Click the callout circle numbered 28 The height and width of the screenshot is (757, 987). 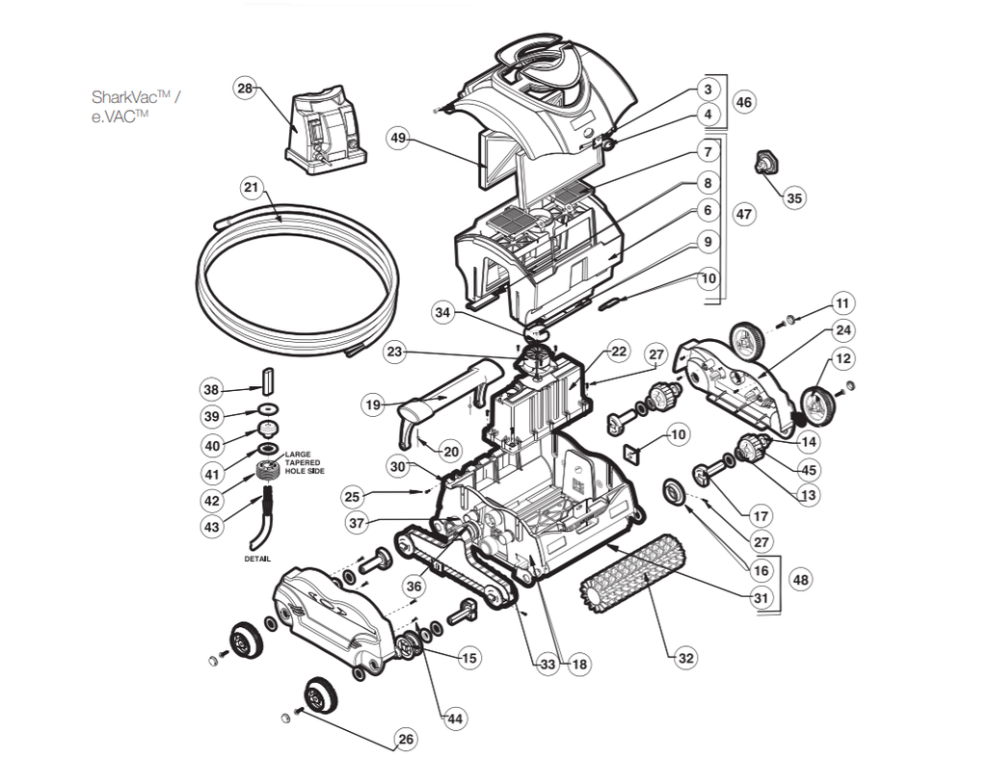[x=245, y=89]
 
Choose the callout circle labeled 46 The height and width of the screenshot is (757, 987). [x=743, y=102]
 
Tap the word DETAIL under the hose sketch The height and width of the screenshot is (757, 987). [x=256, y=559]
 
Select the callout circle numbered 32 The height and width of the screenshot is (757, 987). [x=685, y=659]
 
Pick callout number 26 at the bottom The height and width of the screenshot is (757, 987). [x=406, y=740]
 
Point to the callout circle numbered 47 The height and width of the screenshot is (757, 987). [x=743, y=214]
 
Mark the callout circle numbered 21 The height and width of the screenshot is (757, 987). [x=252, y=187]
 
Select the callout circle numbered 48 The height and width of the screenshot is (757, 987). [x=799, y=580]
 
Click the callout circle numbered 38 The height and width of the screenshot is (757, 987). [x=212, y=389]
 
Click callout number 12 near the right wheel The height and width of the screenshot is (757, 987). [x=844, y=358]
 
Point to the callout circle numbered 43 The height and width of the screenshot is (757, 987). [x=212, y=528]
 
